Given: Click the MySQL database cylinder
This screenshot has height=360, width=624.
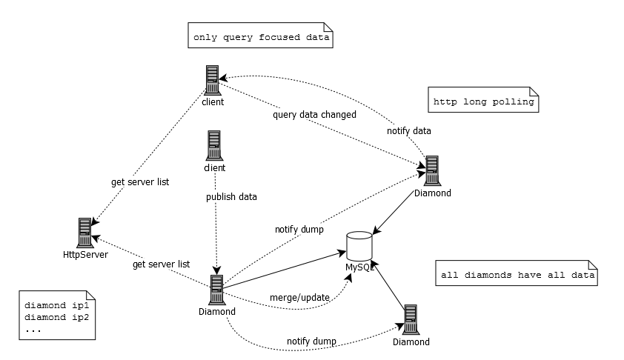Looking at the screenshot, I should coord(359,245).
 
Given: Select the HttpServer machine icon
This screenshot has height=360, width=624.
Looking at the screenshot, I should coord(85,233).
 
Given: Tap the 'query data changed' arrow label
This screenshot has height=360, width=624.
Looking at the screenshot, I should coord(314,115).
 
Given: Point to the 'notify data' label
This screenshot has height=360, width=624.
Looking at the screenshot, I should coord(408,131).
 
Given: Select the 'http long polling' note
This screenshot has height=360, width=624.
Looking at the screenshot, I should coord(483,102).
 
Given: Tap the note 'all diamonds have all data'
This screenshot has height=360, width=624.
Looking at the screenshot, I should coord(517,275).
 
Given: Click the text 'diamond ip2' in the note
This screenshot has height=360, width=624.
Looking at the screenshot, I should coord(56,316).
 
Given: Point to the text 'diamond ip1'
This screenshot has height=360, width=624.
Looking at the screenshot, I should coord(56,305).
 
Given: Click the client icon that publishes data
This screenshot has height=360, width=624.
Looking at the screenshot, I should coord(214,145).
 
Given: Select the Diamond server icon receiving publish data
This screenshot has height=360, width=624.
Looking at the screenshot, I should coord(217,290).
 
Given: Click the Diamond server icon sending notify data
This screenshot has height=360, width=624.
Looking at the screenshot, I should coord(431,170).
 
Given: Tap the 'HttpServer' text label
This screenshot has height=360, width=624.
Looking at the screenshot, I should coord(86,255).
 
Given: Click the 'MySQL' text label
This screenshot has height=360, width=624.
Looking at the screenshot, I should coord(359,266).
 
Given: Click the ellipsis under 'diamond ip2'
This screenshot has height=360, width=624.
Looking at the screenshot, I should coord(33,328).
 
